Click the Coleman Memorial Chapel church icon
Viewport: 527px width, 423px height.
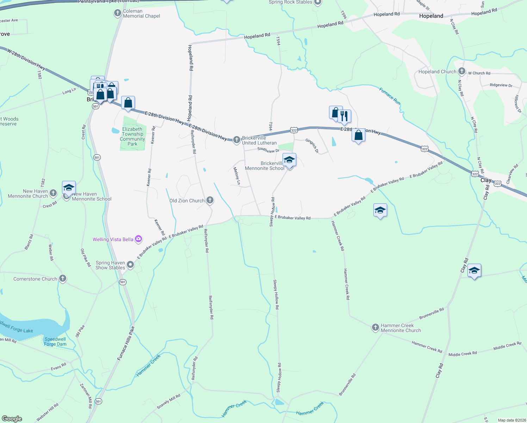pos(118,13)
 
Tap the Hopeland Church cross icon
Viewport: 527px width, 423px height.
pos(461,72)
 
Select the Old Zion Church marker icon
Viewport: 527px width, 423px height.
pos(210,201)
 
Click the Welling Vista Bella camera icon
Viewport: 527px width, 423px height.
pos(138,239)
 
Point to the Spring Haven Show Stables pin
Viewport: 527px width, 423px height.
pos(130,265)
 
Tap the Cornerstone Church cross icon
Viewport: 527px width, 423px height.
pos(62,279)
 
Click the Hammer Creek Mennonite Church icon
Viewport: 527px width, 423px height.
pos(376,328)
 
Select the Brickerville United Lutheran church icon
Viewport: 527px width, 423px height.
pos(237,140)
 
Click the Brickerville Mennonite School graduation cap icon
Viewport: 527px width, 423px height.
pos(289,160)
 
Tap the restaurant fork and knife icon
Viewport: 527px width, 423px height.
pos(344,116)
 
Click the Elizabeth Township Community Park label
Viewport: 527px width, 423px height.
pos(132,136)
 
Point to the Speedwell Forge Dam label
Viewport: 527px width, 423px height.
pos(55,342)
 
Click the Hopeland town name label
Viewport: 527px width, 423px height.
pos(431,16)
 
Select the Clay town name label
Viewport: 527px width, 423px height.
pos(486,180)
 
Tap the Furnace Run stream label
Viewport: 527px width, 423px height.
pos(390,96)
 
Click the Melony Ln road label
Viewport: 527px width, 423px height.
pos(237,176)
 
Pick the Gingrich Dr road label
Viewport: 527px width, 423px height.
pos(312,146)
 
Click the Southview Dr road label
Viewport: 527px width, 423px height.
pos(268,150)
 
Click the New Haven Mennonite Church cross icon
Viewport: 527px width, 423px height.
pos(53,193)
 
